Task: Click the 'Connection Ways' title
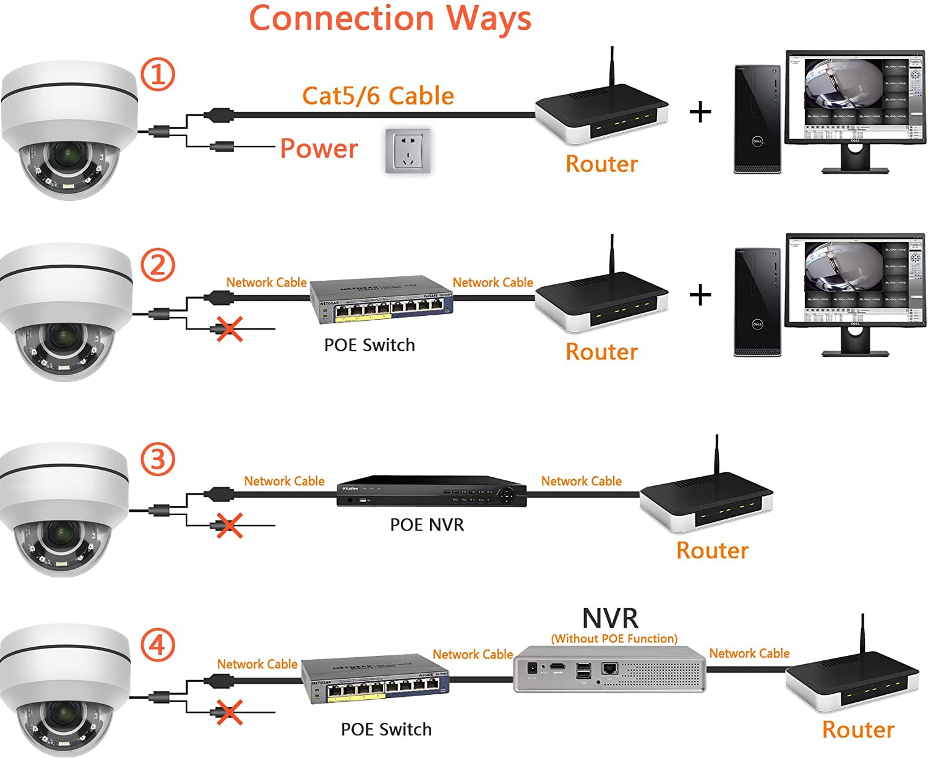coord(390,19)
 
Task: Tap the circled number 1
coord(158,74)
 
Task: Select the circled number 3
coord(158,460)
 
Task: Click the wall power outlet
coord(408,151)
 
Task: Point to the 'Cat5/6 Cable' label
coord(378,96)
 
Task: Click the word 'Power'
coord(319,148)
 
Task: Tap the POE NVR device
coord(431,492)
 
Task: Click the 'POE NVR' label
coord(427,525)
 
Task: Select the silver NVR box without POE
coord(609,669)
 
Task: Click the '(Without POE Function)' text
coord(614,639)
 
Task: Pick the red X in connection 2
coord(230,329)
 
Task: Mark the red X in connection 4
coord(230,712)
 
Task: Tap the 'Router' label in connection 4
coord(858,730)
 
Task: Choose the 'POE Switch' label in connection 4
coord(386,730)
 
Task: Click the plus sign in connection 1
coord(700,112)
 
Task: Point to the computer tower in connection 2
coord(757,303)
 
